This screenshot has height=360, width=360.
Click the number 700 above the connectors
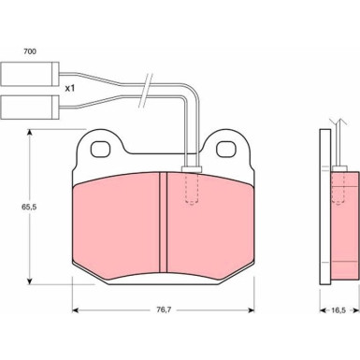(30, 51)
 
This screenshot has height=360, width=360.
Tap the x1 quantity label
(70, 89)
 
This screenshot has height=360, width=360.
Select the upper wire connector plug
(30, 74)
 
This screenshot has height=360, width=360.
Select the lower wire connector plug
(30, 107)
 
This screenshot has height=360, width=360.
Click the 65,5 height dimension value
(29, 207)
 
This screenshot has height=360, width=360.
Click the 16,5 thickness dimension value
(338, 310)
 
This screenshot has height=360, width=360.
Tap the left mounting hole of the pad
(101, 149)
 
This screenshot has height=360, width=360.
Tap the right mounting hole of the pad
(226, 149)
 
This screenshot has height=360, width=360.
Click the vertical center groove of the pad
(163, 222)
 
